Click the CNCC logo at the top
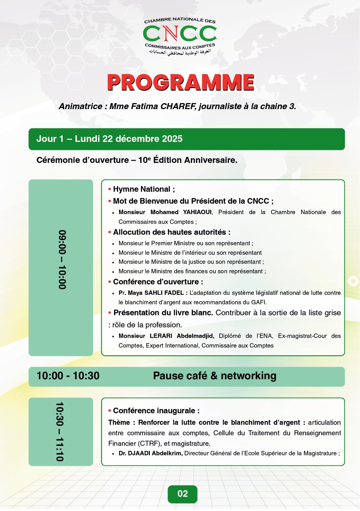(180, 36)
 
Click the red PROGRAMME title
(180, 83)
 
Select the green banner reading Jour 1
(186, 139)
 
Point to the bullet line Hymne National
(144, 189)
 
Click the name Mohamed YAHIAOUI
(165, 212)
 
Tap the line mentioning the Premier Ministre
(185, 243)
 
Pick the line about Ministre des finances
(192, 271)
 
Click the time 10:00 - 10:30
(68, 376)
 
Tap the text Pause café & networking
(215, 376)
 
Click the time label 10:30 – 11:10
(61, 432)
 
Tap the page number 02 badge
(182, 494)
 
